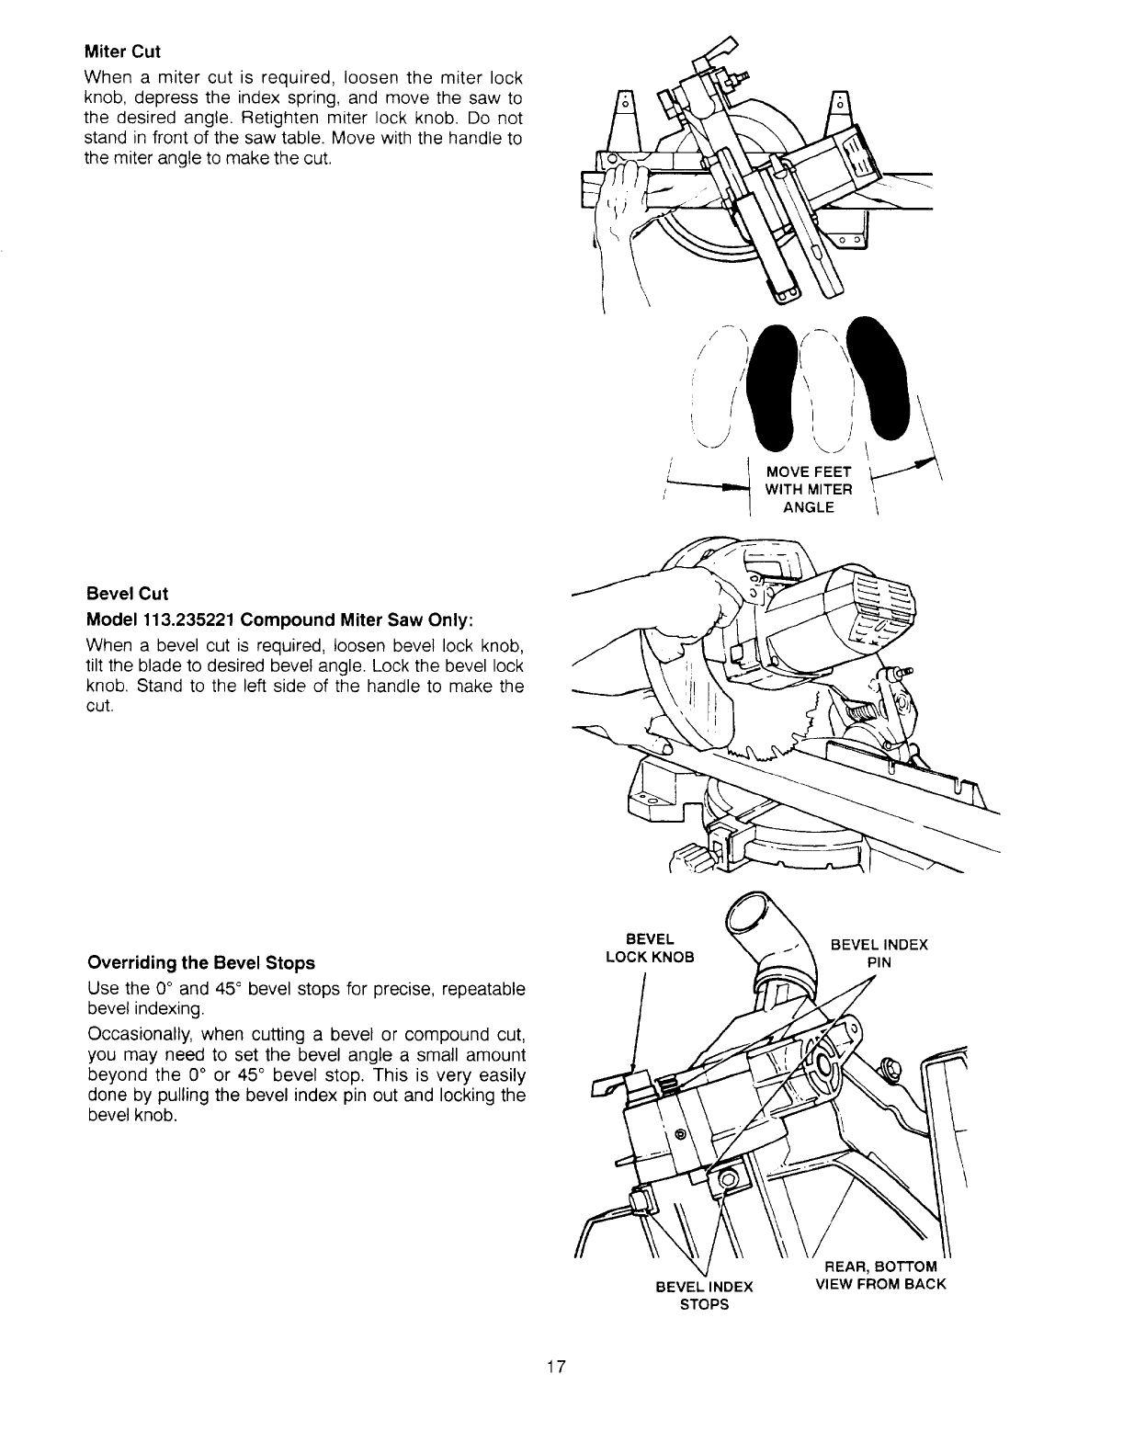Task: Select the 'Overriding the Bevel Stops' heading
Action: tap(200, 963)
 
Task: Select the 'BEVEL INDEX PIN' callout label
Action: tap(879, 953)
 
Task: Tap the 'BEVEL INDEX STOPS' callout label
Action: tap(704, 1295)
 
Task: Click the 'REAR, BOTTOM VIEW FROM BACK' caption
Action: tap(880, 1276)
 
